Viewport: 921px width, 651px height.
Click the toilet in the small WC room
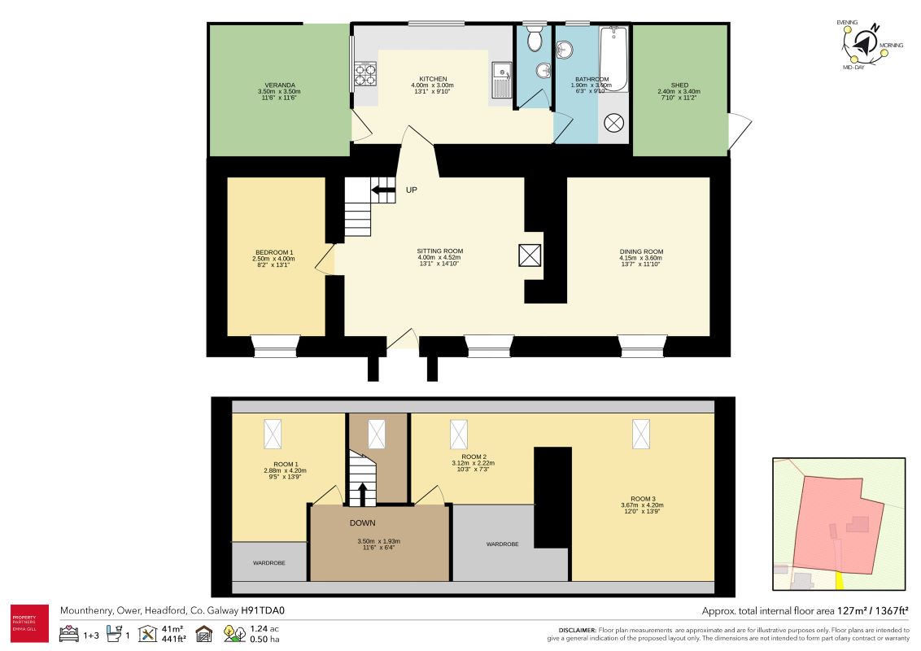[535, 38]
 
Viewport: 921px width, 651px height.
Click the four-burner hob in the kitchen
[366, 76]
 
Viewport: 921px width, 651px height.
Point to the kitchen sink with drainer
[500, 81]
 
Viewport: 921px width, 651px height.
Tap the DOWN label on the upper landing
[362, 522]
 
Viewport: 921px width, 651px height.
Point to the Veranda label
[279, 85]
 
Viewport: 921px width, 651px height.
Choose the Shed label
[679, 85]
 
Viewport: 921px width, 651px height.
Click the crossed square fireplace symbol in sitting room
[530, 256]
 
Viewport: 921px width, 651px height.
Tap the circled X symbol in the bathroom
[613, 124]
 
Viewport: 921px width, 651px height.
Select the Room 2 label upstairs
[474, 457]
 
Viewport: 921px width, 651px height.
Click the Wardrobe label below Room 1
[268, 562]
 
